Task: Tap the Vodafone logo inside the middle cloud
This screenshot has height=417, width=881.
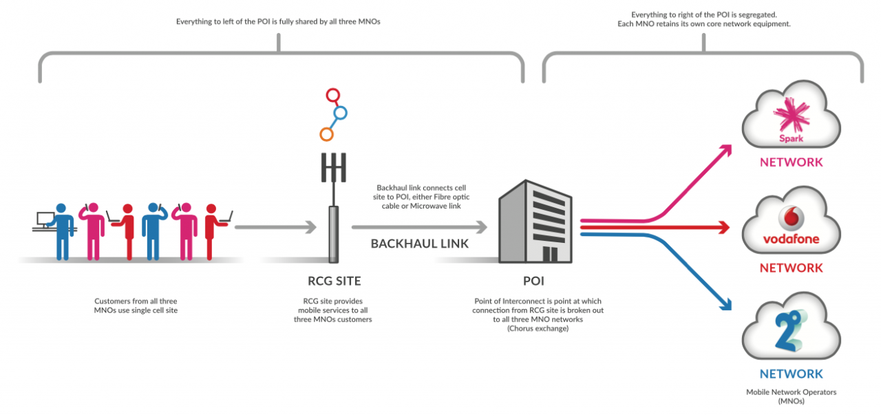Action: point(791,220)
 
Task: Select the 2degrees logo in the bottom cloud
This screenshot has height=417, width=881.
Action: point(790,330)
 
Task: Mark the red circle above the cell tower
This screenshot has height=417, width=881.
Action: point(333,95)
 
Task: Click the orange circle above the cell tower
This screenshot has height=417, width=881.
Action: point(327,133)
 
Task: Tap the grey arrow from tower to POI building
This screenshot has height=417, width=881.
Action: point(419,226)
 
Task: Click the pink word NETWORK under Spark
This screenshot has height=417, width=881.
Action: point(791,162)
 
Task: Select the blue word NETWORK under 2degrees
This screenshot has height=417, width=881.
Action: point(791,374)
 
